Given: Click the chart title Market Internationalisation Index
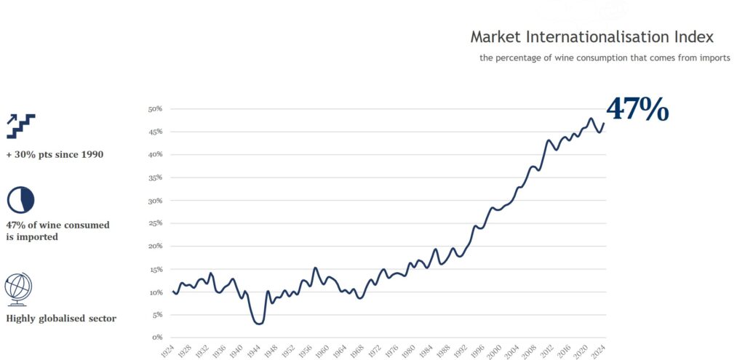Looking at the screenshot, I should [591, 36].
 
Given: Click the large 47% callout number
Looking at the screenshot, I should [637, 108].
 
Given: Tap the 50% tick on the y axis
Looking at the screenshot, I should [155, 109].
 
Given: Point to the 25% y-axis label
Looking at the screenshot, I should [155, 223].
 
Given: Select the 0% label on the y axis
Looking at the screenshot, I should [156, 337].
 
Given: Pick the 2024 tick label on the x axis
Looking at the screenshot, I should [601, 350].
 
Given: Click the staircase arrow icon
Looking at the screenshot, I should [20, 126].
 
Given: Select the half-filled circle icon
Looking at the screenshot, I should [20, 200].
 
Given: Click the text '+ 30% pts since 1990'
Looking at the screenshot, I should [55, 154].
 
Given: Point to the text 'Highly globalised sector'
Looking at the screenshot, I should [61, 318].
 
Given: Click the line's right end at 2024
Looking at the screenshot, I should [604, 123].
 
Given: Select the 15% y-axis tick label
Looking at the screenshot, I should [155, 269].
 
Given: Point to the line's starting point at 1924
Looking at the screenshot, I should [173, 292].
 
